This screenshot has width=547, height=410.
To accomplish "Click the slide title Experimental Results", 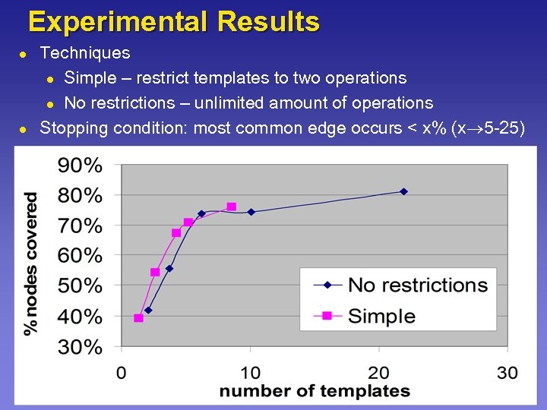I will [x=173, y=21].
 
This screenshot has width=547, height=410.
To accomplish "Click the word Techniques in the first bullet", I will [x=84, y=53].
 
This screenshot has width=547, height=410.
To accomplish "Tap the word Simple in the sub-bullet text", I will [x=90, y=78].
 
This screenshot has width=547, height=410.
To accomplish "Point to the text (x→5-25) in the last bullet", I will [x=487, y=128].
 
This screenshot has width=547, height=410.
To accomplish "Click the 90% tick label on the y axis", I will [x=81, y=165].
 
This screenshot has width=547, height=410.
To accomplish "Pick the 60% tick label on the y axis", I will [x=81, y=256].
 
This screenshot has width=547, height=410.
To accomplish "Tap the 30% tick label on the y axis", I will [x=81, y=347].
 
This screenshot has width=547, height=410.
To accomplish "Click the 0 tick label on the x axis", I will [x=122, y=372].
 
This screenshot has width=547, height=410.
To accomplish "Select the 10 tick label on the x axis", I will [x=250, y=372].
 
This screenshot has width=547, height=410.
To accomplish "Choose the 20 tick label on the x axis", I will [x=379, y=372].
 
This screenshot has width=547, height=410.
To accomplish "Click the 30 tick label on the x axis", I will [x=507, y=372].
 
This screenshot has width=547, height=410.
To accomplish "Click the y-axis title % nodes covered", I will [x=31, y=263].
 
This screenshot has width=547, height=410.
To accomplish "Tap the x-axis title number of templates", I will [x=315, y=392].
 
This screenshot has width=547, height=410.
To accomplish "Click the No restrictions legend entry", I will [x=417, y=285].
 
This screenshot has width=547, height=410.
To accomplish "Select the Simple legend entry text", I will [x=381, y=316].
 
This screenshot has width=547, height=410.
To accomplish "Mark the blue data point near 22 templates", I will [x=403, y=191].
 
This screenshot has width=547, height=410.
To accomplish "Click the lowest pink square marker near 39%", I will [x=138, y=318].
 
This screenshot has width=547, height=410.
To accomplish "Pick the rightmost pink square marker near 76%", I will [x=231, y=207].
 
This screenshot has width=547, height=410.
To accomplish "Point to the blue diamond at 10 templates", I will [x=251, y=212].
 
